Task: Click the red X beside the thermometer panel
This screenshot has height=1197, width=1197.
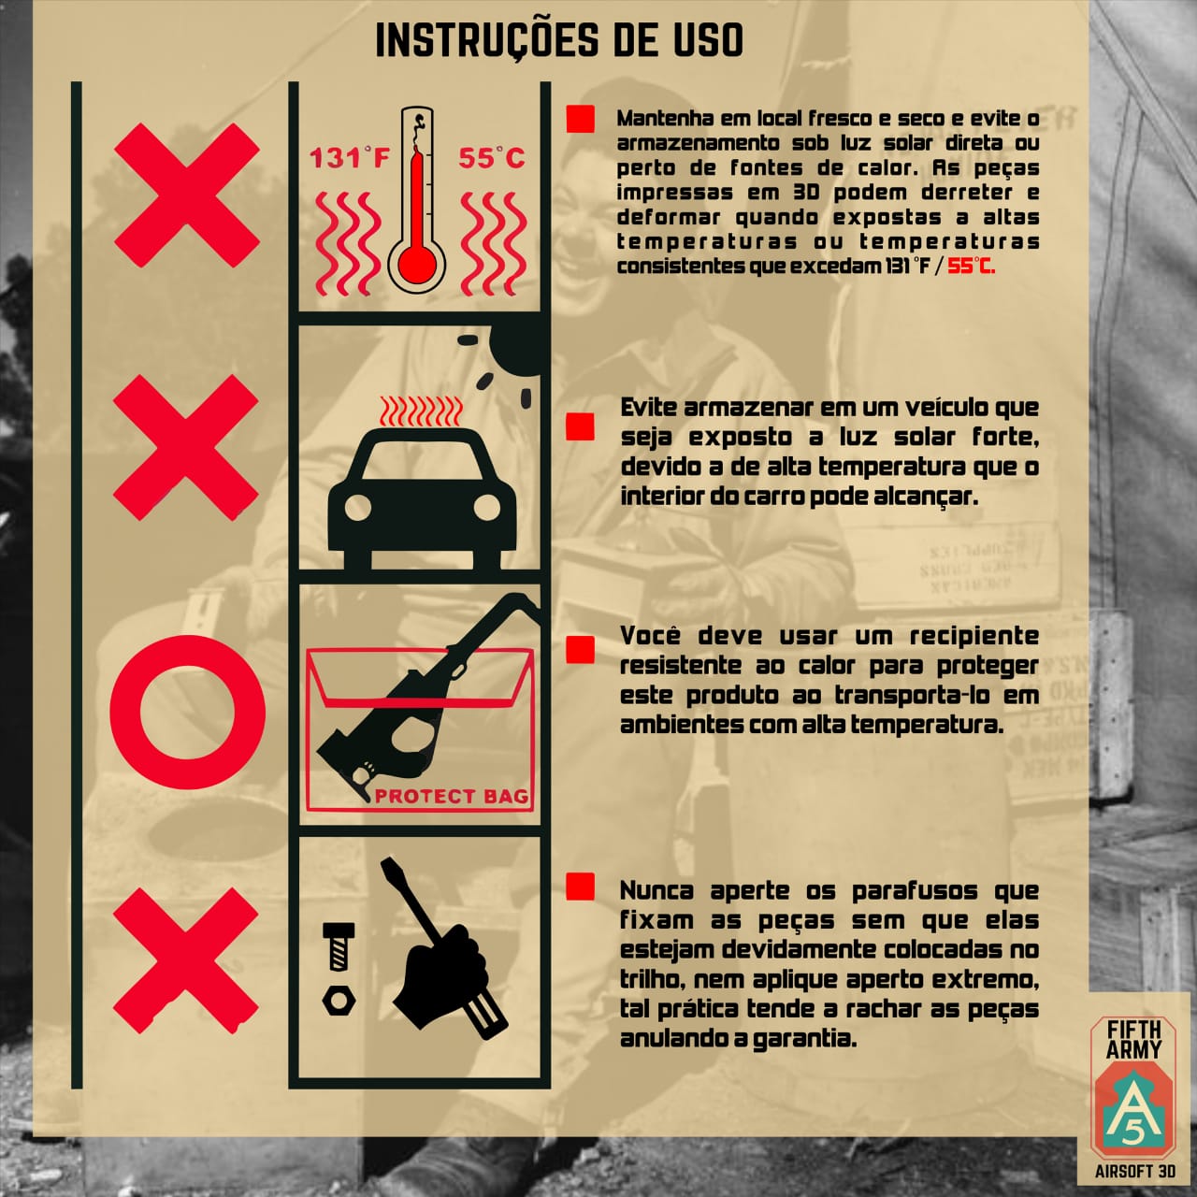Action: coord(187,195)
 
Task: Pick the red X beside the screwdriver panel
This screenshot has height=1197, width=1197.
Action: coord(186,960)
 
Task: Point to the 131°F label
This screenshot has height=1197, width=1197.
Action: coord(351,158)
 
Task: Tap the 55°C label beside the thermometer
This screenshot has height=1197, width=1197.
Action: coord(491,158)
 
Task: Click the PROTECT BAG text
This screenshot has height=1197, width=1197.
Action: coord(451,796)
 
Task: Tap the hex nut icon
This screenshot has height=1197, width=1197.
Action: coord(339,1000)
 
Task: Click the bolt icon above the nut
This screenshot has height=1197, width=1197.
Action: coord(339,946)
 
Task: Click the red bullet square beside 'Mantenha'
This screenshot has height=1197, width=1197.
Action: coord(580,118)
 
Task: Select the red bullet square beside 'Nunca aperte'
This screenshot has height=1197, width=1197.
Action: coord(580,887)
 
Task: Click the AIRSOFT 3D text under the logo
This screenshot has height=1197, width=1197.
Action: coord(1135,1171)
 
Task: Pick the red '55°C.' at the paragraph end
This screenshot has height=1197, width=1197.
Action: coord(971,267)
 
